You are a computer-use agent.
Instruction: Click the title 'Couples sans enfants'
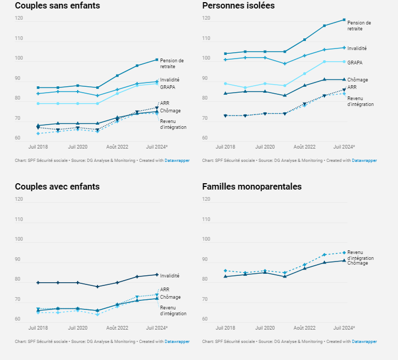point(57,6)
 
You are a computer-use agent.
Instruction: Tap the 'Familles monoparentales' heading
point(252,187)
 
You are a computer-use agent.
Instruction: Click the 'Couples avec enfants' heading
point(57,187)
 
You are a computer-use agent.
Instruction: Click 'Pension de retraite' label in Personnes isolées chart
point(359,26)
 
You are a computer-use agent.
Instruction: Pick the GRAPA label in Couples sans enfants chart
point(168,87)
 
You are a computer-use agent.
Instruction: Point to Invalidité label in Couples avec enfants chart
point(170,276)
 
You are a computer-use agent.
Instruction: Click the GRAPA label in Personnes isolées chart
point(355,63)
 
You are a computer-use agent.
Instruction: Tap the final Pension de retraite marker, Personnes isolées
point(344,20)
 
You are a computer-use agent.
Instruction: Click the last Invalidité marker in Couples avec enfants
point(157,275)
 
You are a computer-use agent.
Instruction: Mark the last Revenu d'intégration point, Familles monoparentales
point(344,252)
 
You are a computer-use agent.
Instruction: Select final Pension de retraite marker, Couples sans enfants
point(157,60)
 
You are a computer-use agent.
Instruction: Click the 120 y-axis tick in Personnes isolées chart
point(206,19)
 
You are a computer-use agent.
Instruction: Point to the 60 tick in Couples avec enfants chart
point(19,320)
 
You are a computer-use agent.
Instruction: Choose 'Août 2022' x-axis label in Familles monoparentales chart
point(304,328)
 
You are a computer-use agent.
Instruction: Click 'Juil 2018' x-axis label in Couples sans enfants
point(38,146)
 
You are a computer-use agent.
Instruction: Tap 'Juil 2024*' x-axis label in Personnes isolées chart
point(344,146)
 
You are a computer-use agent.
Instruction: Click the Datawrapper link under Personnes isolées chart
point(364,160)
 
